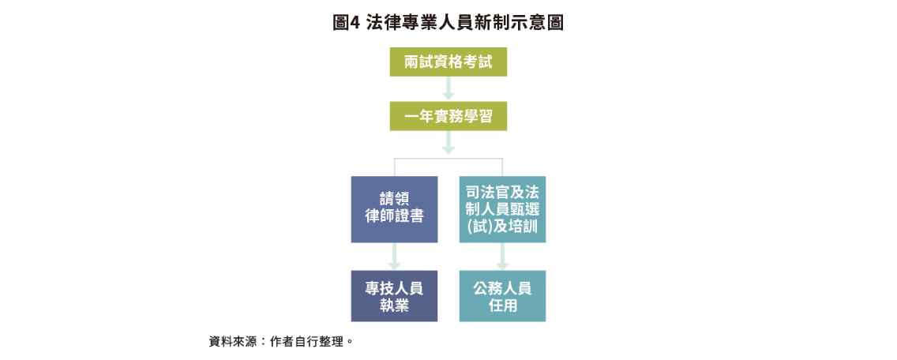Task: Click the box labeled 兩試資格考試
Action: (x=448, y=62)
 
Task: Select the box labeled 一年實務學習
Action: (x=448, y=117)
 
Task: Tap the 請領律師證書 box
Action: (x=394, y=209)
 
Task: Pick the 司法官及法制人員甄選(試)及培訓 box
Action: (x=502, y=209)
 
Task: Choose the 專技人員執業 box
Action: (x=394, y=296)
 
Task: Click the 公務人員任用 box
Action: (x=502, y=296)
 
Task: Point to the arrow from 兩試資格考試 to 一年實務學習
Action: (x=448, y=89)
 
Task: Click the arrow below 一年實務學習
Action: (x=448, y=144)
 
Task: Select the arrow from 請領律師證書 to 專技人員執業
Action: (x=394, y=257)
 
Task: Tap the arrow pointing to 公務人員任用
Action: (x=502, y=257)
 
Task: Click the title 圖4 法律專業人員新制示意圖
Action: (x=448, y=23)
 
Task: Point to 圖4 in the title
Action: (x=347, y=23)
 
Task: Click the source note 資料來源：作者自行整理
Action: (x=280, y=342)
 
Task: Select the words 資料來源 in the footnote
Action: (x=228, y=342)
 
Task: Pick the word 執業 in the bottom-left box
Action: (x=394, y=306)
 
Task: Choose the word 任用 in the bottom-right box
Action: (x=502, y=306)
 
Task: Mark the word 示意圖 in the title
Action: (x=542, y=23)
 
